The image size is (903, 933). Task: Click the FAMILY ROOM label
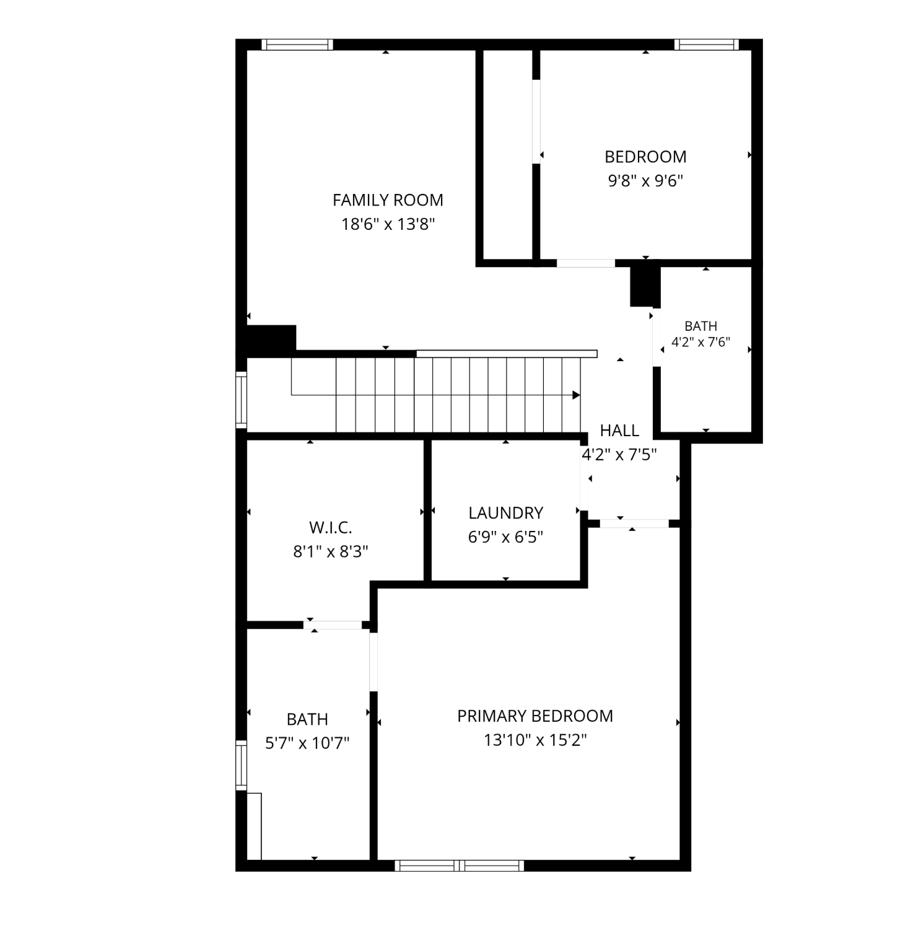click(x=388, y=200)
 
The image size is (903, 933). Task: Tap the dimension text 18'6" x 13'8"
click(x=388, y=224)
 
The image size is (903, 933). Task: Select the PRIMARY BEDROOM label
click(x=535, y=716)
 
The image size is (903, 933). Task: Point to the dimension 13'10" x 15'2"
click(x=535, y=740)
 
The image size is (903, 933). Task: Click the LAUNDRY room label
click(x=505, y=513)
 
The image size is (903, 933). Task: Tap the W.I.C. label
click(x=331, y=528)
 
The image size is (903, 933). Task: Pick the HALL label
click(x=619, y=431)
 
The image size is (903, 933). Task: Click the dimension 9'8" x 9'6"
click(x=645, y=181)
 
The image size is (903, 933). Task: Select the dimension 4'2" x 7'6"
click(x=701, y=341)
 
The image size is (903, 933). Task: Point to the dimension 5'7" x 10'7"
click(x=307, y=743)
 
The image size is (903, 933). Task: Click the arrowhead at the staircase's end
click(x=576, y=395)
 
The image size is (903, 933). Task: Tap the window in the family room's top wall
click(x=297, y=45)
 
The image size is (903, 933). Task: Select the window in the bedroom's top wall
click(x=706, y=45)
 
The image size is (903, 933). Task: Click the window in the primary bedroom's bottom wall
click(x=460, y=865)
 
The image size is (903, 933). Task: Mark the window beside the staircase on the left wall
click(x=242, y=400)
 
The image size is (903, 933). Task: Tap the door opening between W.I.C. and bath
click(x=333, y=625)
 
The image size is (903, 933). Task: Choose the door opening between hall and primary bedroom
click(x=634, y=523)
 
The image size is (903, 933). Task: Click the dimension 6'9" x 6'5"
click(x=505, y=537)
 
